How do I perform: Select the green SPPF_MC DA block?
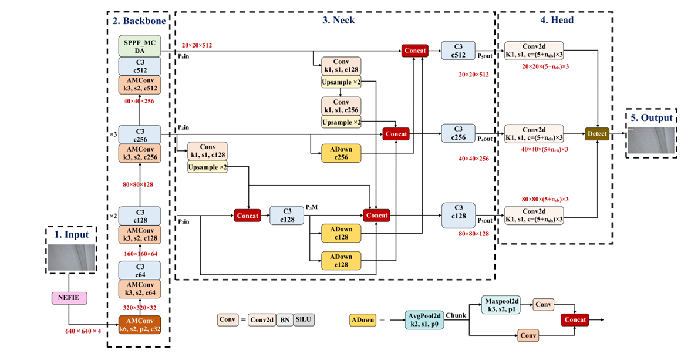pyautogui.click(x=140, y=46)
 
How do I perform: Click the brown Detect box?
pyautogui.click(x=596, y=134)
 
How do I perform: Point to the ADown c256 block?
pyautogui.click(x=341, y=153)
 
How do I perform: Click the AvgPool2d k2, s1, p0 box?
pyautogui.click(x=424, y=320)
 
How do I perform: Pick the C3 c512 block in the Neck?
pyautogui.click(x=459, y=51)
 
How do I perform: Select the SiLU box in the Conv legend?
pyautogui.click(x=304, y=320)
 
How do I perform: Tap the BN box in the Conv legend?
pyautogui.click(x=284, y=320)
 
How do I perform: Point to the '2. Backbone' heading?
pyautogui.click(x=139, y=20)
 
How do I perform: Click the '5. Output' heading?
pyautogui.click(x=652, y=117)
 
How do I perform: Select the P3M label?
pyautogui.click(x=312, y=207)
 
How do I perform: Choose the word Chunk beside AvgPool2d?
pyautogui.click(x=456, y=315)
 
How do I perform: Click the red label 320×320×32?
pyautogui.click(x=140, y=307)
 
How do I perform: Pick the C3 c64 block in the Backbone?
pyautogui.click(x=140, y=270)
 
